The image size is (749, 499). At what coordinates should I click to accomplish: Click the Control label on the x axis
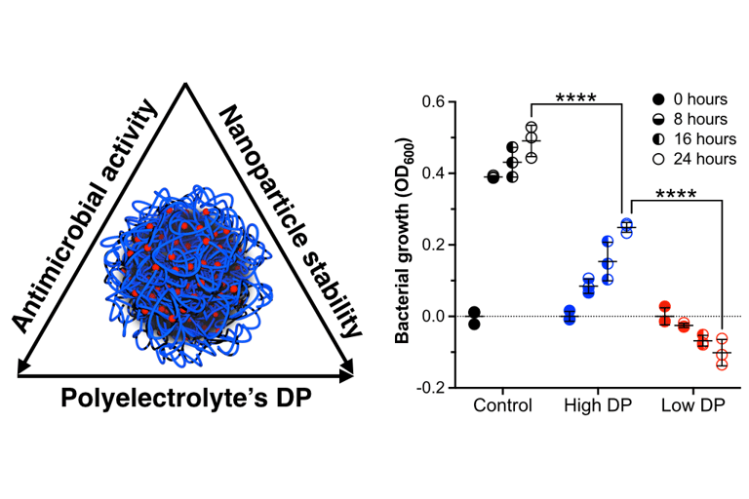tap(502, 405)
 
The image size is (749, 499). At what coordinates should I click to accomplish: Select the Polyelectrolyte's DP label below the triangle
tap(185, 398)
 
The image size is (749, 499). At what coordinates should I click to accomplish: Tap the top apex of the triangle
tap(185, 86)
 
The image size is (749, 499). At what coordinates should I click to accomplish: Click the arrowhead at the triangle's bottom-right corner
tap(346, 370)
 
